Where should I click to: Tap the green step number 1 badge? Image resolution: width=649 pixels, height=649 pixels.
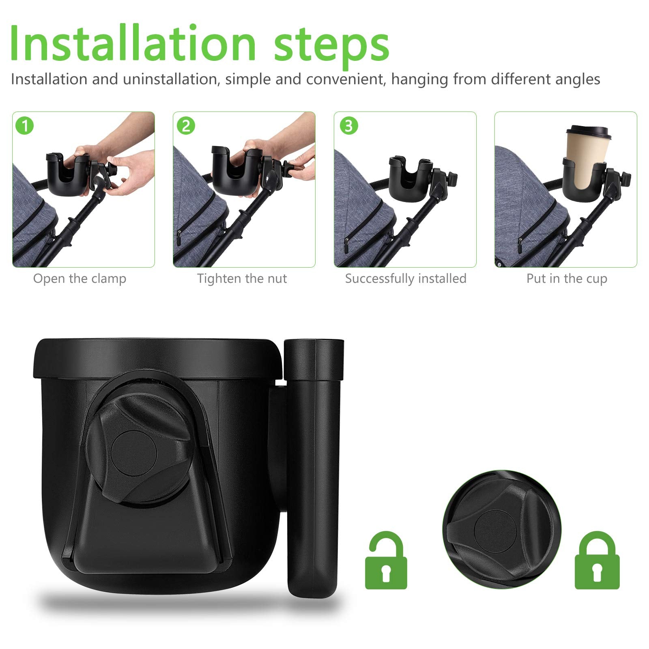tap(25, 126)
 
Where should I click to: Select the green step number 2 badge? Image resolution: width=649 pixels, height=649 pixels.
tap(186, 126)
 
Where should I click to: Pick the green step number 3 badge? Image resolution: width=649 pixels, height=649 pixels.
tap(348, 126)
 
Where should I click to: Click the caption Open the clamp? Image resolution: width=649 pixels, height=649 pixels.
tap(80, 279)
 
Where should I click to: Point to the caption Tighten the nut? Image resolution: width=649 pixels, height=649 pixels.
tap(242, 279)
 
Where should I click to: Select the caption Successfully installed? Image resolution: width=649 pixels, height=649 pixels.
tap(406, 279)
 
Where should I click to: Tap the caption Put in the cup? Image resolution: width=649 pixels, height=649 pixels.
tap(567, 279)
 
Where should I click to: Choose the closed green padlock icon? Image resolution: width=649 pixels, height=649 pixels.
tap(597, 560)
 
